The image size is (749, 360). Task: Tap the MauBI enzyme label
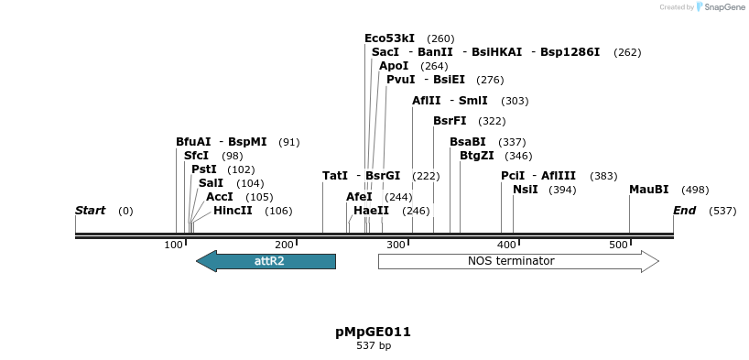point(648,190)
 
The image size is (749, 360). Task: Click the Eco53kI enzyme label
point(389,38)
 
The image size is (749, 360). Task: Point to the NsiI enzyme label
point(525,190)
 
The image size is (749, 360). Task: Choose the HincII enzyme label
point(233,211)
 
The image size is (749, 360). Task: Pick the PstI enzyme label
point(204,169)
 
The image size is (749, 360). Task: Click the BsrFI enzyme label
point(450,121)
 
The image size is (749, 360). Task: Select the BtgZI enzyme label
point(476,156)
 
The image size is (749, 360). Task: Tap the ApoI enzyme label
point(394,66)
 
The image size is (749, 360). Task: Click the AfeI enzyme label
point(359,197)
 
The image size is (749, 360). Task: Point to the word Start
point(90,211)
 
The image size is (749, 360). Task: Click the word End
point(684,211)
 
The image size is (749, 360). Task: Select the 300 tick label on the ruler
point(396,245)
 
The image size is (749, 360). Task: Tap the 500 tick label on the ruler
point(618,245)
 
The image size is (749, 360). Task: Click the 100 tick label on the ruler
point(173,245)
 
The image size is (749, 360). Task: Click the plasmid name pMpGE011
point(373,332)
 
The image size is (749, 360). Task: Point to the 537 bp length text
point(373,346)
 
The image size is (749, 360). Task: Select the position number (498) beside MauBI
point(695,190)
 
